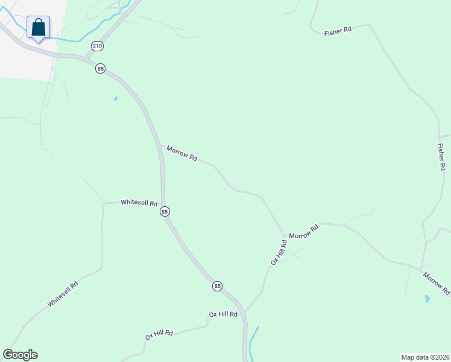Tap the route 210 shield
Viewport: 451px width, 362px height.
click(x=96, y=46)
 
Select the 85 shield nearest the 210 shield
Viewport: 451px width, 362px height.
click(x=100, y=69)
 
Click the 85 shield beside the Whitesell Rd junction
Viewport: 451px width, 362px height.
click(x=165, y=212)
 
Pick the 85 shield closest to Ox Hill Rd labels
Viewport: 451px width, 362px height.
click(x=217, y=285)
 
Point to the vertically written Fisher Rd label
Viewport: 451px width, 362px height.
click(x=442, y=156)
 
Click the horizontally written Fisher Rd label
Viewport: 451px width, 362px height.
click(x=338, y=31)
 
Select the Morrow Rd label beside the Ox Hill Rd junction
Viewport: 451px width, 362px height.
click(x=303, y=232)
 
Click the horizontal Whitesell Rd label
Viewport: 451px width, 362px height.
click(x=139, y=203)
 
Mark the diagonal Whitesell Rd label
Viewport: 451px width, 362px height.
click(x=63, y=294)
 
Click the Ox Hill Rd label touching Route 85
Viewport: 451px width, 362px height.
click(x=223, y=314)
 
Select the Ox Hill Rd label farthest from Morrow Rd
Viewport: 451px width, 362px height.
click(x=159, y=334)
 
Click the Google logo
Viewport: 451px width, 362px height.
click(x=20, y=355)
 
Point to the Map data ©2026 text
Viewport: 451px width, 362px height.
click(x=425, y=357)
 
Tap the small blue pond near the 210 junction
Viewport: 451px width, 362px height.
click(x=115, y=98)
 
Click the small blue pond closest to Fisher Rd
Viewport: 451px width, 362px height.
click(x=427, y=299)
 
